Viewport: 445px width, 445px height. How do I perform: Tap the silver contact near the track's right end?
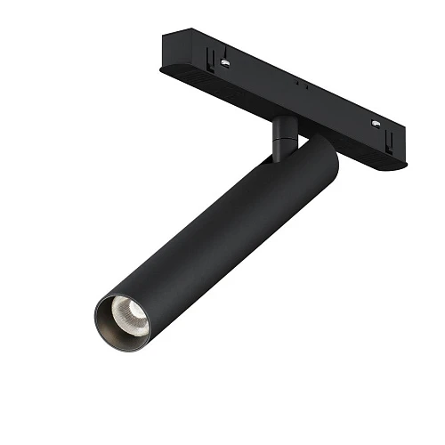click(378, 124)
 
